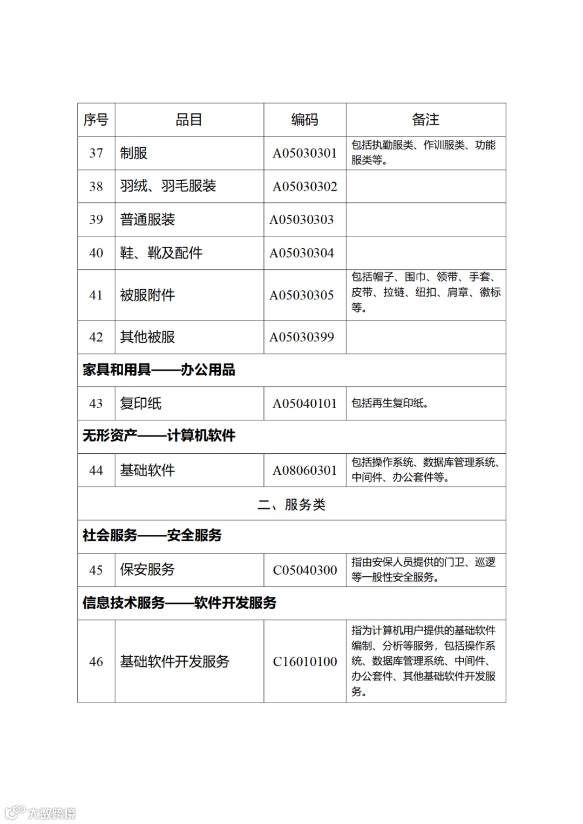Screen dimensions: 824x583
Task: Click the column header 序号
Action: click(x=96, y=120)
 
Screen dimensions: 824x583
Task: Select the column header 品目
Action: click(x=189, y=120)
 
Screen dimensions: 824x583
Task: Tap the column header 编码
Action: click(x=304, y=120)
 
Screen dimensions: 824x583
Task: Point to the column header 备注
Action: click(x=425, y=120)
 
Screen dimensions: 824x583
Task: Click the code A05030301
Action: click(x=304, y=153)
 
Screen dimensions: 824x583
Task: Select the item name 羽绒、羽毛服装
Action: click(x=168, y=186)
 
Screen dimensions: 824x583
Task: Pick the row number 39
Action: click(x=96, y=220)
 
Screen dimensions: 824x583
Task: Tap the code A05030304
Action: click(x=302, y=253)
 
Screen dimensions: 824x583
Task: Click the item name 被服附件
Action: click(x=147, y=295)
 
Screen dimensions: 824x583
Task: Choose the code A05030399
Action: click(x=302, y=337)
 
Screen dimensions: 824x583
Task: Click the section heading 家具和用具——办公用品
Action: click(x=159, y=370)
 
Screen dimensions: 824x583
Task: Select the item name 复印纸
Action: click(x=140, y=404)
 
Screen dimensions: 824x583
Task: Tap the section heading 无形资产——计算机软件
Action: click(x=159, y=436)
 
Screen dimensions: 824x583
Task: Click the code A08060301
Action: click(x=304, y=471)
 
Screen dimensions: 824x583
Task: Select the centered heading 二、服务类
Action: click(x=291, y=505)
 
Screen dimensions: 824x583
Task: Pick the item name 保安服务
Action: click(x=147, y=570)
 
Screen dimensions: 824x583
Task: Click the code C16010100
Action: click(x=305, y=662)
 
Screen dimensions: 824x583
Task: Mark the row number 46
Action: click(x=96, y=662)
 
